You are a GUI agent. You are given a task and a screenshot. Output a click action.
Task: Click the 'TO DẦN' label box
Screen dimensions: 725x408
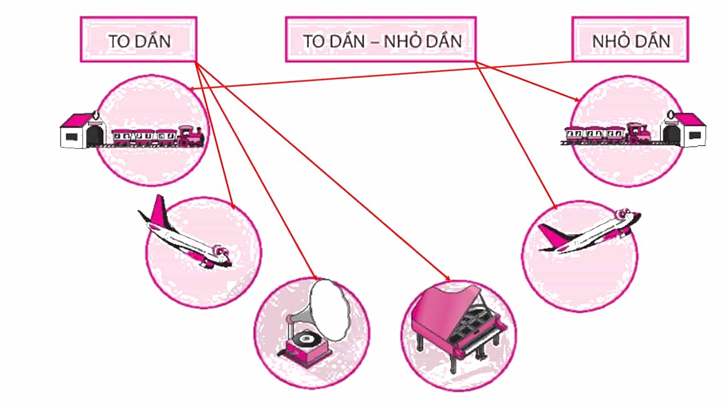(x=139, y=39)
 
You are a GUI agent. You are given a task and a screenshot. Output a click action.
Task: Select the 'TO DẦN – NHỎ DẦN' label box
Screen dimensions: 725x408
(x=381, y=39)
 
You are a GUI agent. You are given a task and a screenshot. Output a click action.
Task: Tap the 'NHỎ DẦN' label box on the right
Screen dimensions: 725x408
(x=630, y=39)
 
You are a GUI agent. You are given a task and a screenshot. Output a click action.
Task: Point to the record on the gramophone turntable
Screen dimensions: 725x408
(x=305, y=339)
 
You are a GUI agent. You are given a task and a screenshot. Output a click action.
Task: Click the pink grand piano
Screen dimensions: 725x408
(x=459, y=327)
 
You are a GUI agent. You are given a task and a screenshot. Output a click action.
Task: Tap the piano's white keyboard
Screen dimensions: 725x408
(x=482, y=340)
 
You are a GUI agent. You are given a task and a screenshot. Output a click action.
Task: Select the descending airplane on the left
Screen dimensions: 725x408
(x=185, y=234)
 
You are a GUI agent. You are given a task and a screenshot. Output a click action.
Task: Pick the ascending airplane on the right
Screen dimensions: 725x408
(x=589, y=231)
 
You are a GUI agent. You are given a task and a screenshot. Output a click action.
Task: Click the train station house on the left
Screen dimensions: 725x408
(x=83, y=130)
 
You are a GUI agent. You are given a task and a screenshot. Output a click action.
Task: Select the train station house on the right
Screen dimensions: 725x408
(x=683, y=129)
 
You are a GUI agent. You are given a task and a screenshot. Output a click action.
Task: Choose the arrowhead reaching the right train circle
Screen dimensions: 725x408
(x=577, y=99)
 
